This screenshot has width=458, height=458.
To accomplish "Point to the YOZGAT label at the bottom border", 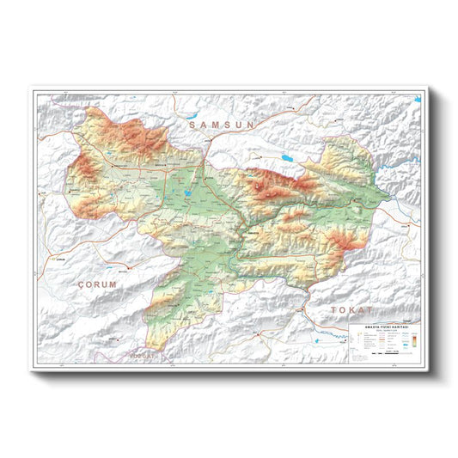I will tap(144, 355).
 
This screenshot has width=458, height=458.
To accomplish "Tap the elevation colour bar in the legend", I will tap(412, 341).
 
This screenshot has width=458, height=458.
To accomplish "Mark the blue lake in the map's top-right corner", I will tap(417, 100).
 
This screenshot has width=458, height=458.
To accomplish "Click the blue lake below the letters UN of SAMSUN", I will tap(284, 158).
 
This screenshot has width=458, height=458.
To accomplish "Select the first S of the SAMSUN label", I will tap(193, 125).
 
